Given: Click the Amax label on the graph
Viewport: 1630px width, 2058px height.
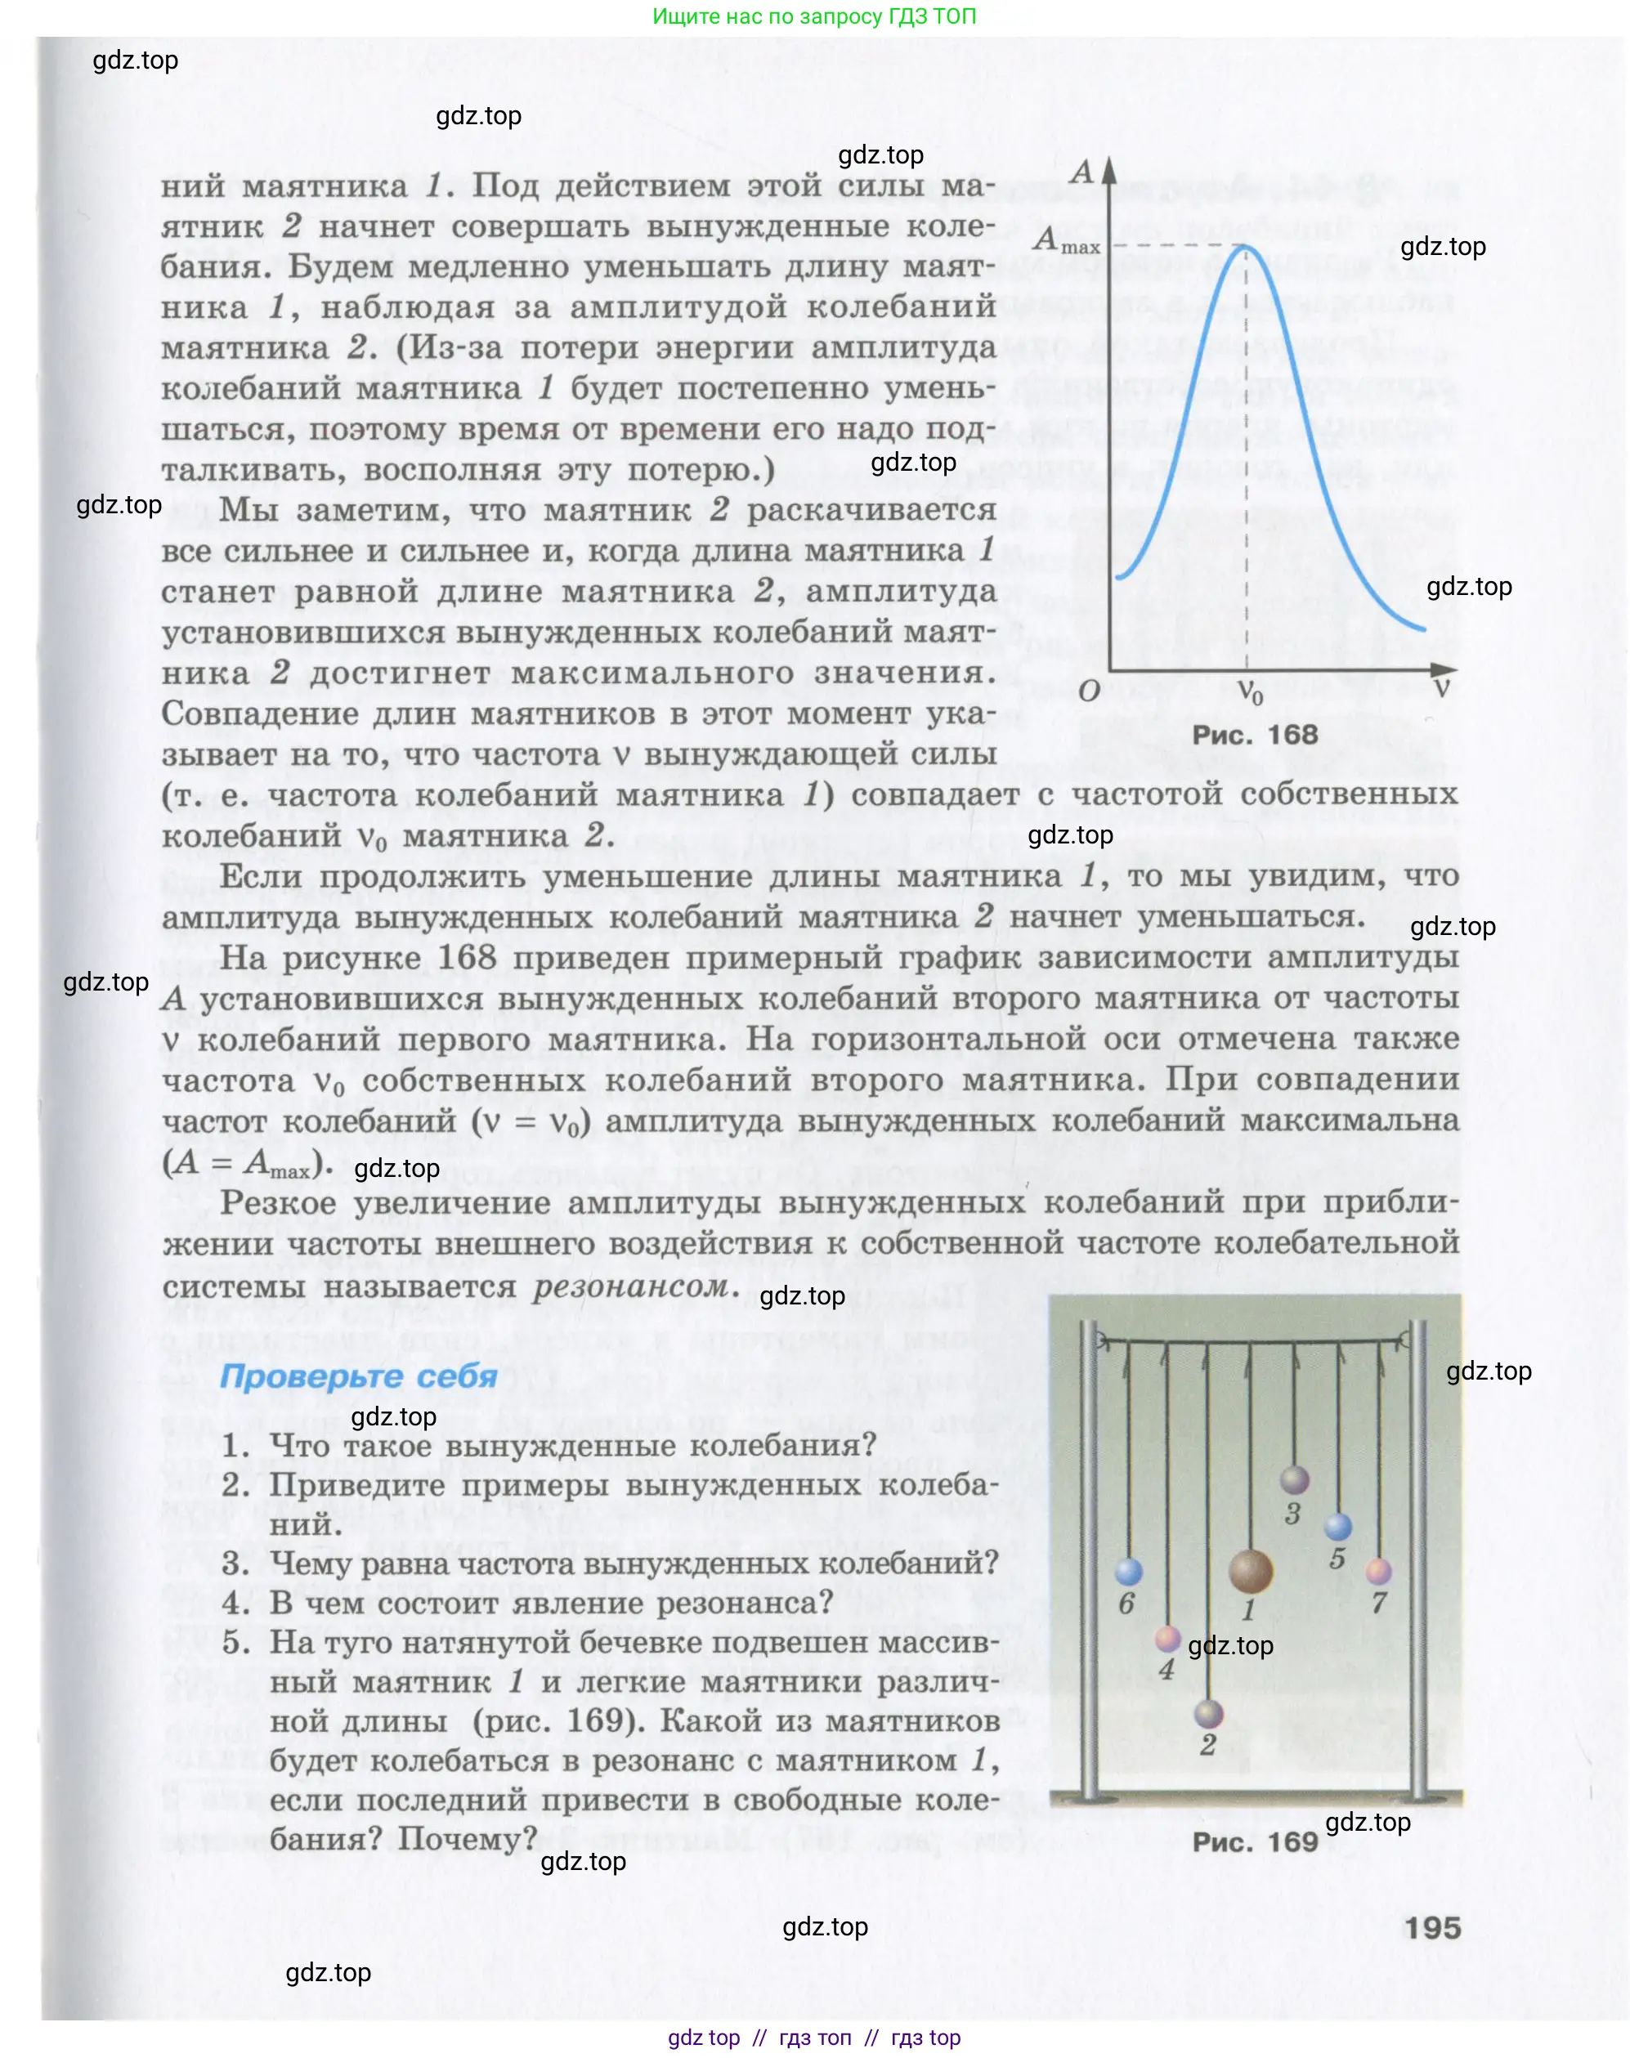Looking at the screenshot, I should pos(1066,239).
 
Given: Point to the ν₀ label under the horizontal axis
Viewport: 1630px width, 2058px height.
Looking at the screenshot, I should pos(1250,691).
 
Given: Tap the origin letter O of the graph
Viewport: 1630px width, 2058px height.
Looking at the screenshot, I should pos(1089,691).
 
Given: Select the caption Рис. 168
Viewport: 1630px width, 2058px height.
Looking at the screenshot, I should pos(1254,735).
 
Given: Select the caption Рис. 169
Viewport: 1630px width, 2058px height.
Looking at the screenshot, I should pos(1254,1841).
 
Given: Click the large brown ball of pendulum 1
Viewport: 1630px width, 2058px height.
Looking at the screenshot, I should pos(1250,1572).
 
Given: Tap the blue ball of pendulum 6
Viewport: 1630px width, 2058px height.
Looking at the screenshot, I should pos(1129,1572).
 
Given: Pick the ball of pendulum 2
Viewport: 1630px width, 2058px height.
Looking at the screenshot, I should pos(1209,1714).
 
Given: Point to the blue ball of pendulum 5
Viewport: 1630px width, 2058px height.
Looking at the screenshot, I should pos(1338,1527).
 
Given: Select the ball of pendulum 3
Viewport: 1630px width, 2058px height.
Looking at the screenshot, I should pos(1294,1480).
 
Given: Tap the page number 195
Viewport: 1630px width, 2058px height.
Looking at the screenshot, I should pos(1431,1928).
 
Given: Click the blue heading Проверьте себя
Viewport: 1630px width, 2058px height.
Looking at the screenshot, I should pos(359,1377).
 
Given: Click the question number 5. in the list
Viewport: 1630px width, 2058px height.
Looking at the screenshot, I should pos(235,1642).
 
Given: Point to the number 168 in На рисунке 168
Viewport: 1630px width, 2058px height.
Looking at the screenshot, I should pos(467,957).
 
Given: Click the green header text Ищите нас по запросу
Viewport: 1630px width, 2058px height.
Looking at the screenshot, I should pos(814,16).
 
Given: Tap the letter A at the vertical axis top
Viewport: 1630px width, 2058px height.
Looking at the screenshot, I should pos(1081,172).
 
